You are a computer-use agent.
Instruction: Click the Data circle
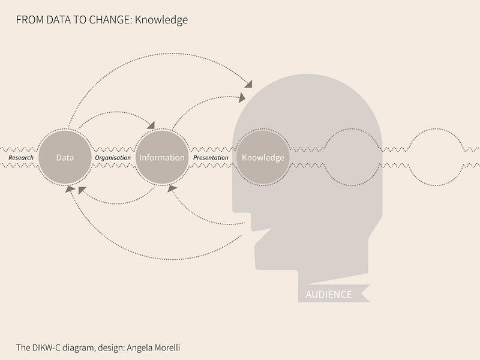click(x=65, y=157)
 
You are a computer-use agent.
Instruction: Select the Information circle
click(x=162, y=157)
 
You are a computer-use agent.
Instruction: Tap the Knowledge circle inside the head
click(x=263, y=157)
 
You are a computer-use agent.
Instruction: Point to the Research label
click(x=21, y=158)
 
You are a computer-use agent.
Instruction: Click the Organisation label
click(x=113, y=158)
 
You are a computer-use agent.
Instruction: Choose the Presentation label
click(x=211, y=158)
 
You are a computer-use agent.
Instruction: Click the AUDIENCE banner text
click(x=329, y=295)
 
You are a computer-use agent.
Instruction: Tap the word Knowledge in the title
click(x=161, y=20)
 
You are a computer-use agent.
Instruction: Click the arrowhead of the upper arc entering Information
click(x=151, y=125)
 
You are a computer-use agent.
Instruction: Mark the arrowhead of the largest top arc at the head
click(x=248, y=84)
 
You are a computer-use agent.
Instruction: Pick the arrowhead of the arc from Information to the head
click(x=242, y=98)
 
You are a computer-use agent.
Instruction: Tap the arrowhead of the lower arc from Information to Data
click(x=82, y=190)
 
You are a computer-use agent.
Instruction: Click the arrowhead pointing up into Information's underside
click(x=172, y=188)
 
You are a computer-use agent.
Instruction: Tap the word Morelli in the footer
click(x=167, y=348)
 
